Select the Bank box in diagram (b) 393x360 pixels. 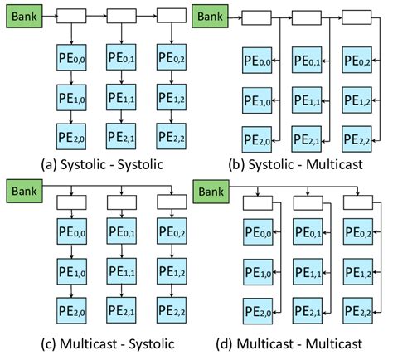(211, 15)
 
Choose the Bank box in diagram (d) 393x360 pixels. (211, 192)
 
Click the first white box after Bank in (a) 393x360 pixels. (71, 15)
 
